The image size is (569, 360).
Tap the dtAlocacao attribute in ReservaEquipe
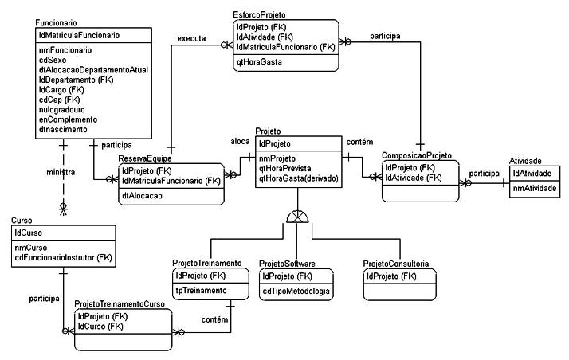click(143, 195)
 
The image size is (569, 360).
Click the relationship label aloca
click(240, 141)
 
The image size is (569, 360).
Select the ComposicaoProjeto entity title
click(418, 156)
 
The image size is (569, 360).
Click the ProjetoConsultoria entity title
click(396, 263)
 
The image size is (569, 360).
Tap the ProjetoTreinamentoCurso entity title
click(120, 303)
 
